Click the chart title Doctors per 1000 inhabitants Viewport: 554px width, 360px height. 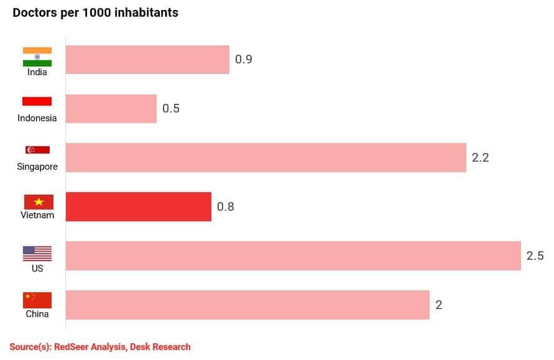tap(95, 12)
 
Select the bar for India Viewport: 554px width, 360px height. tap(147, 60)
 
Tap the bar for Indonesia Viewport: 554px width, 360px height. tap(111, 108)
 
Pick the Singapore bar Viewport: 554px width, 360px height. tap(265, 157)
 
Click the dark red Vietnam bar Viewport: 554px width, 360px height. tap(138, 206)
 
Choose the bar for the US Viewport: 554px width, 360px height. tap(293, 255)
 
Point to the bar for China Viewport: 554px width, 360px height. tap(247, 304)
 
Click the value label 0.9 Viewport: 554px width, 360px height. tap(243, 60)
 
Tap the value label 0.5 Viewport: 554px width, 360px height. tap(171, 108)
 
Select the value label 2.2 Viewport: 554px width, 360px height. tap(481, 157)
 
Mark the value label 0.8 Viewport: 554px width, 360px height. tap(225, 206)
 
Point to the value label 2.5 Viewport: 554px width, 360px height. tap(535, 255)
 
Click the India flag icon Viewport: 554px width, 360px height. tap(37, 57)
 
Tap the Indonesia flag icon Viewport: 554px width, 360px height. tap(37, 101)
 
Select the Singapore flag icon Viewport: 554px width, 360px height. tap(37, 150)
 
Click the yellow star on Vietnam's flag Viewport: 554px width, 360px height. tap(38, 201)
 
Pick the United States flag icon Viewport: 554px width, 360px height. tap(37, 253)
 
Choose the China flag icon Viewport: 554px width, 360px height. tap(37, 300)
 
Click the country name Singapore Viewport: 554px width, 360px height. tap(37, 167)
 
